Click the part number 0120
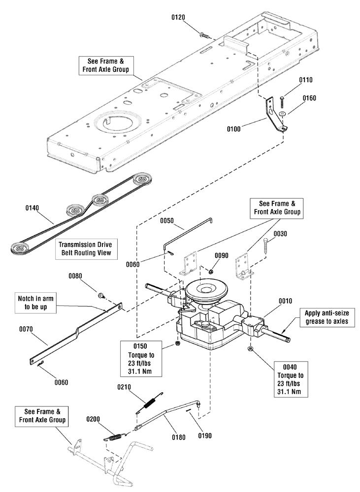coord(178,18)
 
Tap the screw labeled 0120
coord(203,34)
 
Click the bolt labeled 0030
coord(267,245)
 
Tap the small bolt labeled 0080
coord(101,295)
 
